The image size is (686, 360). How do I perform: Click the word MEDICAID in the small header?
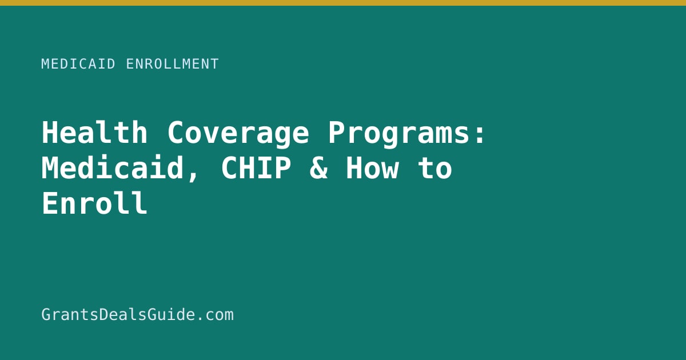(x=78, y=64)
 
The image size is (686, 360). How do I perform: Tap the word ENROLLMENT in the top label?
(x=173, y=64)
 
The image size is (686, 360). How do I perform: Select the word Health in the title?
(x=95, y=133)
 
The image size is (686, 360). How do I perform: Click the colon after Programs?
(x=480, y=135)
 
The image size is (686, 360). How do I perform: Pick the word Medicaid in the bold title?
(x=113, y=168)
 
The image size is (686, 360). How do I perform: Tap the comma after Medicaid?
(x=193, y=177)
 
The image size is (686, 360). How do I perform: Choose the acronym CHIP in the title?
(x=256, y=168)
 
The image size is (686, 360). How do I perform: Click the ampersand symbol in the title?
(x=319, y=168)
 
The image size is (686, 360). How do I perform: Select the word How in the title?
(x=372, y=168)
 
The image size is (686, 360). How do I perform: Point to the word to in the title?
(x=435, y=169)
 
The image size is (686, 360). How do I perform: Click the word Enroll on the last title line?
(x=95, y=203)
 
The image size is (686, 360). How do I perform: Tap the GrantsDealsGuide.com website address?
(x=138, y=315)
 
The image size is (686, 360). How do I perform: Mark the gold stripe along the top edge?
(x=343, y=3)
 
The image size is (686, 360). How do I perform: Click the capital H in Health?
(x=50, y=133)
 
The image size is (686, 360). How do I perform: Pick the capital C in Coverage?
(x=176, y=133)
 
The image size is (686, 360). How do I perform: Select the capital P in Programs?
(x=337, y=133)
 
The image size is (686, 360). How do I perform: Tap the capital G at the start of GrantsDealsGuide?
(x=46, y=315)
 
